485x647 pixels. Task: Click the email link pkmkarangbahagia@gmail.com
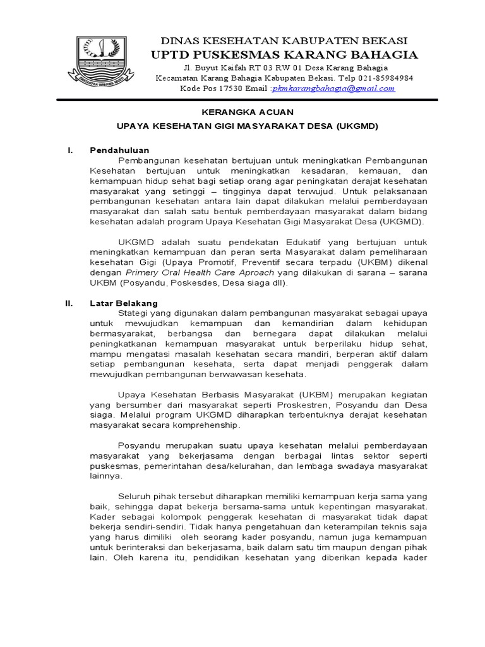click(333, 88)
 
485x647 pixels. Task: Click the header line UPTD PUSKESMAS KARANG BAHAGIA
click(284, 54)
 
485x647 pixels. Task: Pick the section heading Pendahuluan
click(119, 150)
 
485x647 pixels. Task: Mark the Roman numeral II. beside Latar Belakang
click(70, 303)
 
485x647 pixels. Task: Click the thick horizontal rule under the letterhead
click(246, 99)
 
